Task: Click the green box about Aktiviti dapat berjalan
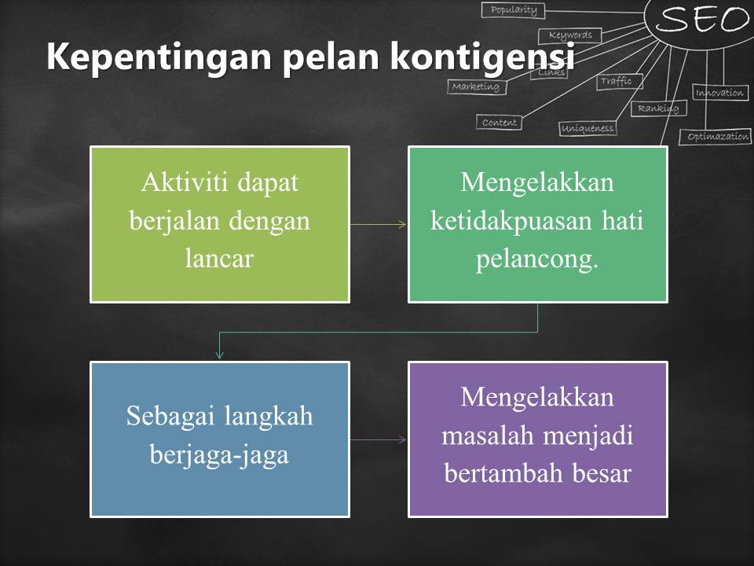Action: (220, 224)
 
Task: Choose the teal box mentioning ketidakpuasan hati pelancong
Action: (537, 224)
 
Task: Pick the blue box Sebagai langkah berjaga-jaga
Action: (220, 439)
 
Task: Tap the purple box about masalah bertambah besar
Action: (537, 439)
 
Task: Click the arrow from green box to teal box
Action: (378, 224)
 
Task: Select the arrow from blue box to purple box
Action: (378, 439)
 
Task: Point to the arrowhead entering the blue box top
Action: (220, 355)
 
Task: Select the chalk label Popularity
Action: (514, 10)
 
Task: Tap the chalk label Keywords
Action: (570, 35)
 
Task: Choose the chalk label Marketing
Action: (476, 86)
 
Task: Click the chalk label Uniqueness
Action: (587, 128)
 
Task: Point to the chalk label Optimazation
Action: (718, 137)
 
